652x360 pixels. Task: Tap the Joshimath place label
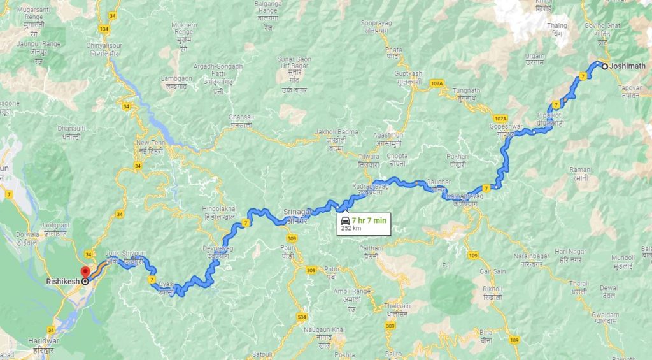click(x=627, y=66)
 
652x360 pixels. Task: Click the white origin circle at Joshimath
click(x=604, y=65)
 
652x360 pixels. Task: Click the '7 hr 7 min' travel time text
click(x=369, y=220)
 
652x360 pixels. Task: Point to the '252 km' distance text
click(x=351, y=228)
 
